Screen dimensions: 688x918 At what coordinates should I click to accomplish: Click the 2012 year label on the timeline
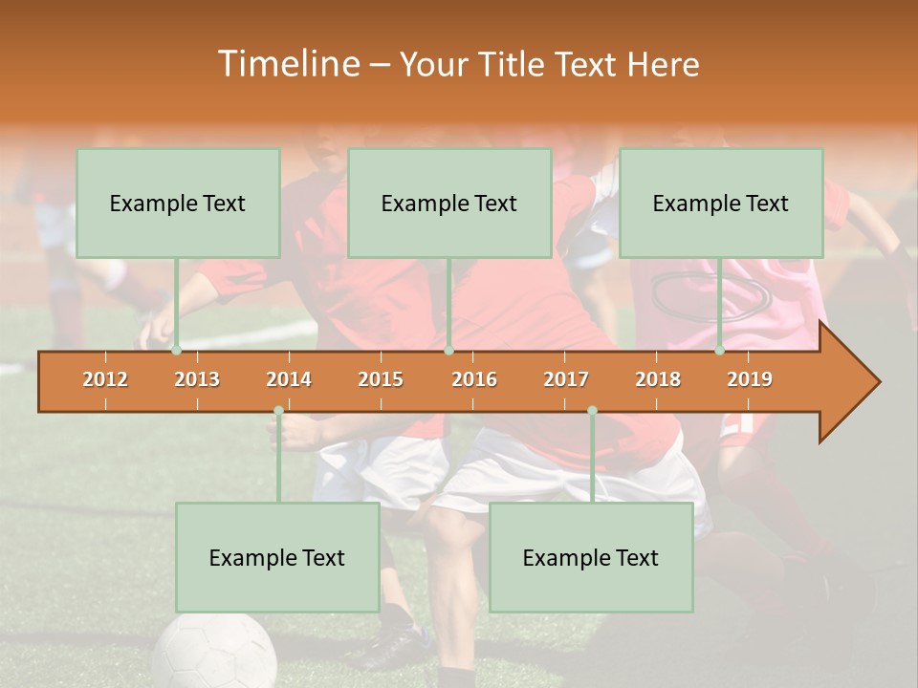point(105,379)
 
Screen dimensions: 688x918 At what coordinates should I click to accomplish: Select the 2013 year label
point(197,379)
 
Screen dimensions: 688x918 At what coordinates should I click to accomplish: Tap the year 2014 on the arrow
point(289,379)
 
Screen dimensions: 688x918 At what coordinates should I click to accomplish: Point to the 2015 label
point(381,379)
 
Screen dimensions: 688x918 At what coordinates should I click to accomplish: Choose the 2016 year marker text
point(474,379)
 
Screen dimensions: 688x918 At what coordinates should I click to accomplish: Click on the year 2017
point(566,379)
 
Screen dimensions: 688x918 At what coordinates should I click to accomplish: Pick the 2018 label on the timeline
point(658,379)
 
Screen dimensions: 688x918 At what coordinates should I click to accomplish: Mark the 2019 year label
point(750,379)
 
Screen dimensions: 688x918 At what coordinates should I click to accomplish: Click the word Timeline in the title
point(287,64)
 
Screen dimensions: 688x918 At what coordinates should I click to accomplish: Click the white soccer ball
point(214,655)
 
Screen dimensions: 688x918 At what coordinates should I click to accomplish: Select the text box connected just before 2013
point(178,203)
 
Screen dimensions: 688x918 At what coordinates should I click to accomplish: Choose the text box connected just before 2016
point(449,203)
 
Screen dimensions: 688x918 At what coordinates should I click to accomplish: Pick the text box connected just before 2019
point(721,203)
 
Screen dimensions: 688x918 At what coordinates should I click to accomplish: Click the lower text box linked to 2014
point(277,557)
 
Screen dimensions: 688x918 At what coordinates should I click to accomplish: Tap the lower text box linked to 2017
point(591,557)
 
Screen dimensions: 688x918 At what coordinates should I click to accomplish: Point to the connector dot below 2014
point(278,411)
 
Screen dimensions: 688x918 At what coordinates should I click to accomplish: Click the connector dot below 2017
point(592,411)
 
